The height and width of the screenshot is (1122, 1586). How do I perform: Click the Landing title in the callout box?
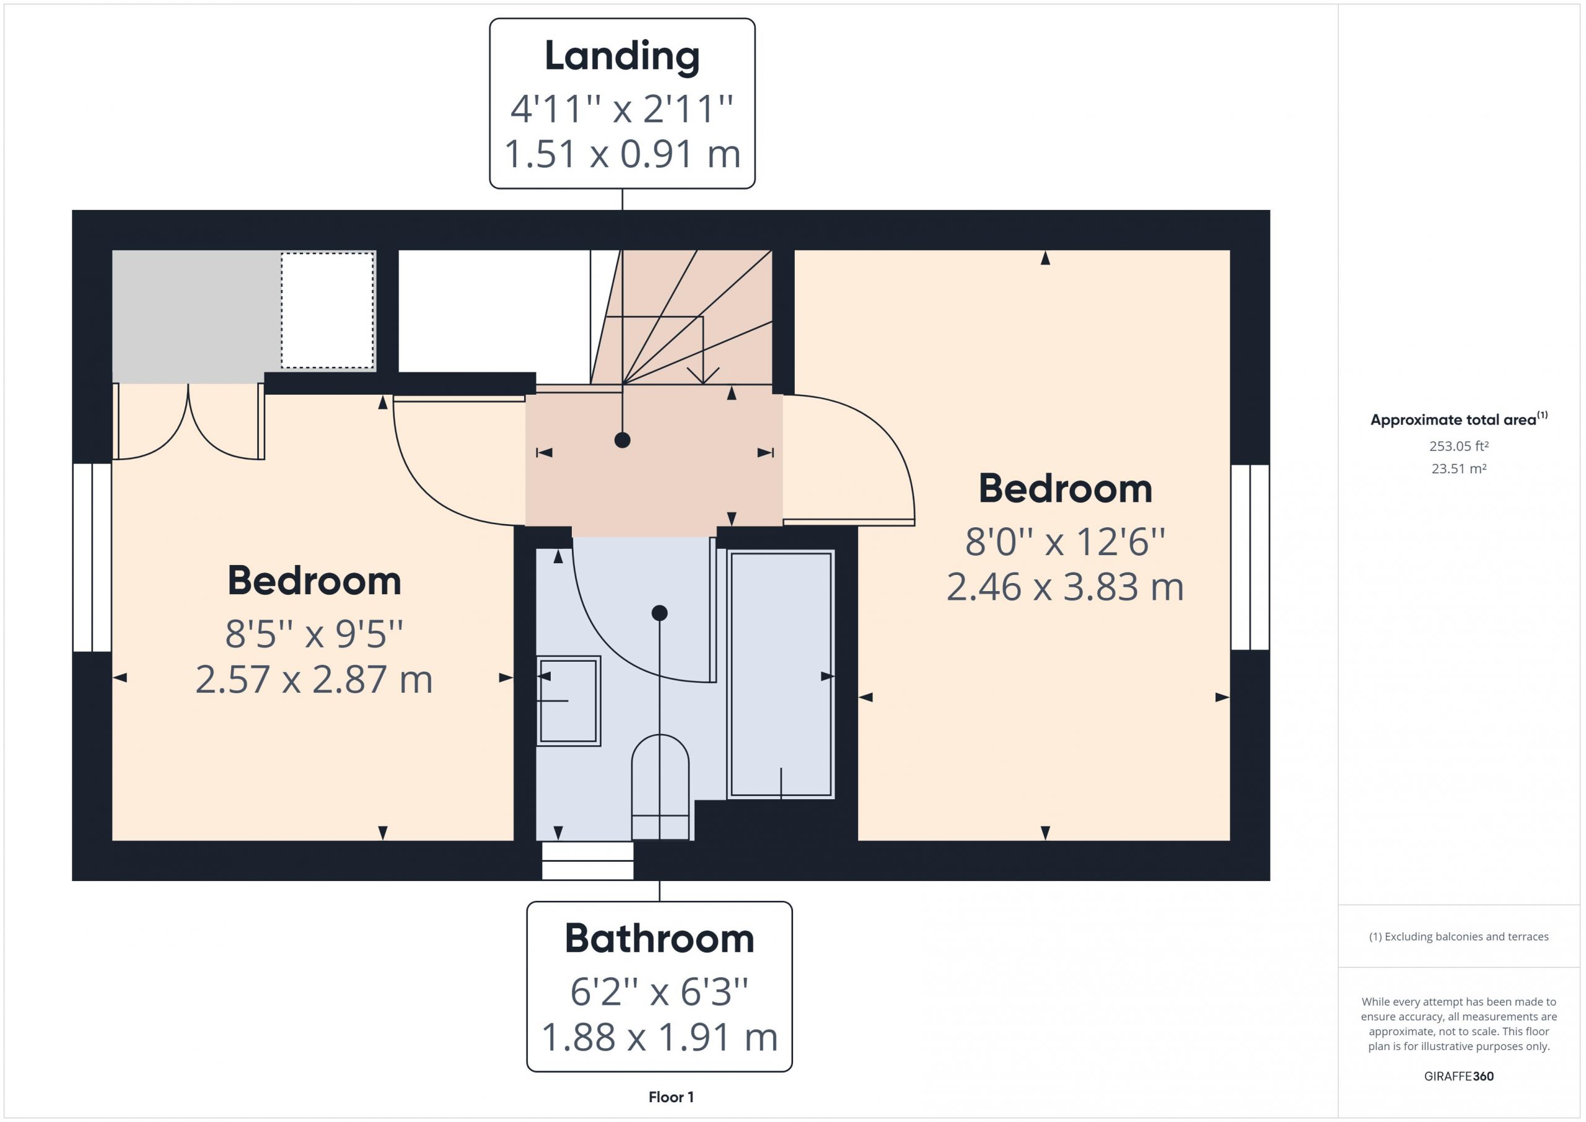[x=621, y=56]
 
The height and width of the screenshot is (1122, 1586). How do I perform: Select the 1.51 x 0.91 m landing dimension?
[x=621, y=154]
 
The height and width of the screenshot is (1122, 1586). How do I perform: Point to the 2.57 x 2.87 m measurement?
[x=314, y=679]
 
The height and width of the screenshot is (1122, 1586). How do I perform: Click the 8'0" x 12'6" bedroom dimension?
[x=1065, y=541]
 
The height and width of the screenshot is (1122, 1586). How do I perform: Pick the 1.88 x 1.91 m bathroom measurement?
[x=660, y=1037]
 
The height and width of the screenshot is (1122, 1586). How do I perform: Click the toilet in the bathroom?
[x=660, y=787]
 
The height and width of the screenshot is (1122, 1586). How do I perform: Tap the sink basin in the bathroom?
[x=569, y=701]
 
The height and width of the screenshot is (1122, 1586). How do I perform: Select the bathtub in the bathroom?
[x=781, y=674]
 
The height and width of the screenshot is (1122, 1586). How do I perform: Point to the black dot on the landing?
[x=623, y=440]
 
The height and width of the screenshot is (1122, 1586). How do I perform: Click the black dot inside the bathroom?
[x=660, y=613]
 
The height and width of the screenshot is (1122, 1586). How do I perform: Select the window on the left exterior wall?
[x=92, y=558]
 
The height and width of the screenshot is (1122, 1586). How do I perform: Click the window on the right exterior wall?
[x=1250, y=558]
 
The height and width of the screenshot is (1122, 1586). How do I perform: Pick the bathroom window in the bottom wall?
[x=588, y=860]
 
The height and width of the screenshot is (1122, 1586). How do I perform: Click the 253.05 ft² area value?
[x=1459, y=446]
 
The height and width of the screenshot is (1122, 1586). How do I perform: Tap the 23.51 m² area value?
[x=1459, y=468]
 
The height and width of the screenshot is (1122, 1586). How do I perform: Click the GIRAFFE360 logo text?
[x=1459, y=1076]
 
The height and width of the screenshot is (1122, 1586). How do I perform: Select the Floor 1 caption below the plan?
[x=672, y=1097]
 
